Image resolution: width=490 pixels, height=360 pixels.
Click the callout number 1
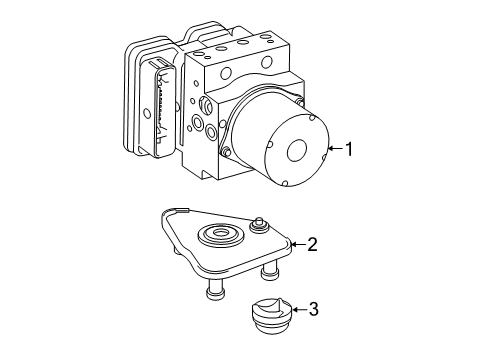[349, 149]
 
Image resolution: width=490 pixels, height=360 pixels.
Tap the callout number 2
[312, 244]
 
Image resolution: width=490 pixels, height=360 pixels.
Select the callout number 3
[313, 309]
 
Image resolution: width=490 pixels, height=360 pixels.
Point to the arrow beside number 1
[335, 149]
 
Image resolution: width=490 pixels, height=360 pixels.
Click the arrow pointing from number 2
[298, 244]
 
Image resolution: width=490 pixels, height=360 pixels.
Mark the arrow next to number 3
[299, 309]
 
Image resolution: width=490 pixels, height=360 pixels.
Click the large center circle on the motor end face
[297, 149]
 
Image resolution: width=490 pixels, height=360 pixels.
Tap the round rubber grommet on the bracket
[220, 234]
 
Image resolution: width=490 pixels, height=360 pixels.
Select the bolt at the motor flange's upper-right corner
[299, 102]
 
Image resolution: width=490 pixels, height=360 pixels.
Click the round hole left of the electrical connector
[147, 113]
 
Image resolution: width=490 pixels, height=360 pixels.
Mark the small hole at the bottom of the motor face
[285, 183]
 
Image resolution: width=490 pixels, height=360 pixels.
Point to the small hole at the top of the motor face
[312, 117]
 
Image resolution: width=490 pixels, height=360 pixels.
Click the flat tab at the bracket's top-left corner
[182, 210]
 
